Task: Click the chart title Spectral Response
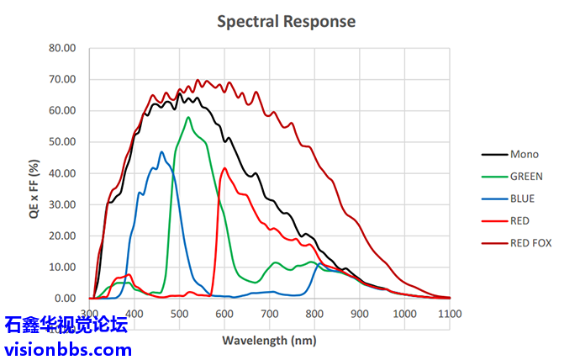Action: click(x=286, y=21)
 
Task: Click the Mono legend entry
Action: click(x=524, y=155)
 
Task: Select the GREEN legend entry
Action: click(x=526, y=177)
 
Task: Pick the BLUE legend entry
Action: click(x=522, y=199)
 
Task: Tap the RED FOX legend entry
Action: click(x=530, y=243)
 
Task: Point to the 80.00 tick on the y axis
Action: click(x=62, y=48)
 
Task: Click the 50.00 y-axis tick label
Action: click(x=62, y=142)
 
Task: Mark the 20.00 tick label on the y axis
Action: click(x=62, y=236)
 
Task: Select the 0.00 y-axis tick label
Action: click(x=65, y=299)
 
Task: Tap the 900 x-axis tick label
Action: click(x=360, y=314)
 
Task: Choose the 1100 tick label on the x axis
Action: click(x=451, y=314)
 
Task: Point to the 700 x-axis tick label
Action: click(x=269, y=314)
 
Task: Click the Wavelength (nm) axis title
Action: click(x=270, y=341)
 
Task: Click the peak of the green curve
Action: click(x=188, y=117)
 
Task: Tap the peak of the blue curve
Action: click(x=162, y=152)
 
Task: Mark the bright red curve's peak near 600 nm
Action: click(x=224, y=168)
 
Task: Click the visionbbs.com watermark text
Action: click(x=67, y=348)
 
